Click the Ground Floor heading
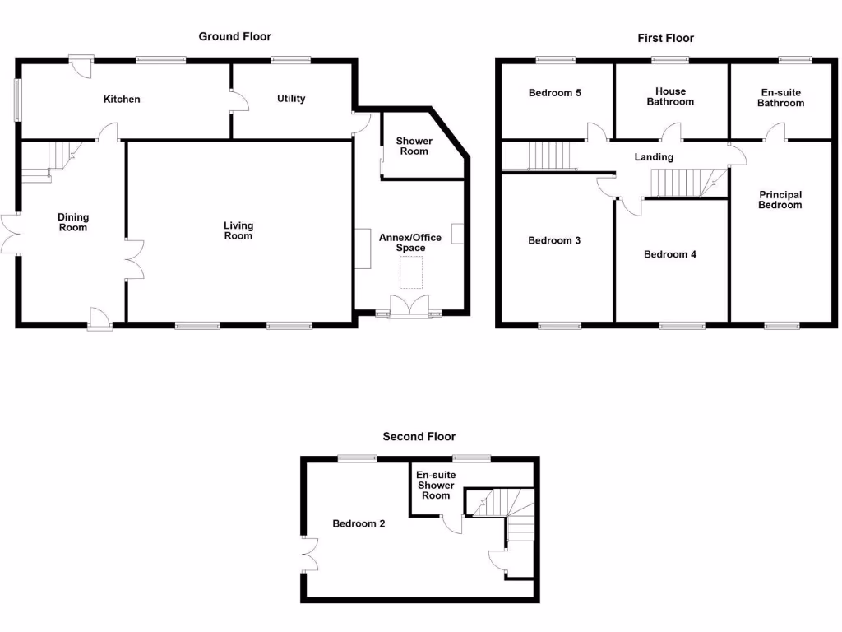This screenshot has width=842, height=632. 234,36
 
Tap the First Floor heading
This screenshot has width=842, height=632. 665,38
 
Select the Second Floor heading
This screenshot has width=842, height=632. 419,437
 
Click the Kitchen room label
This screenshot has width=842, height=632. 122,100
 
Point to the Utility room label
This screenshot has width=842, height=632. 291,99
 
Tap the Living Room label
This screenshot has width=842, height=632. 238,230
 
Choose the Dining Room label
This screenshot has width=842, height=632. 73,222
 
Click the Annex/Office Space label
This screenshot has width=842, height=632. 409,243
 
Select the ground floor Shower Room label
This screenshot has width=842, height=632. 414,146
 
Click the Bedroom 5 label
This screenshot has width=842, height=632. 554,93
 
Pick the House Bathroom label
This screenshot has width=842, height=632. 670,97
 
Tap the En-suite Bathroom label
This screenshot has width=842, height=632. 780,98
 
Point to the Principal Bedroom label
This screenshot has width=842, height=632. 780,200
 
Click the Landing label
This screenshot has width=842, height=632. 654,157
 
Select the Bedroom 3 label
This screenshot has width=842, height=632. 554,241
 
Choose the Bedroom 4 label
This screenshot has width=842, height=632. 669,254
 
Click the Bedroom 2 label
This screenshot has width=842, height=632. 359,523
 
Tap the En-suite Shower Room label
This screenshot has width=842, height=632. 435,486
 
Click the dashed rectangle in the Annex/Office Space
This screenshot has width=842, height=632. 411,272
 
